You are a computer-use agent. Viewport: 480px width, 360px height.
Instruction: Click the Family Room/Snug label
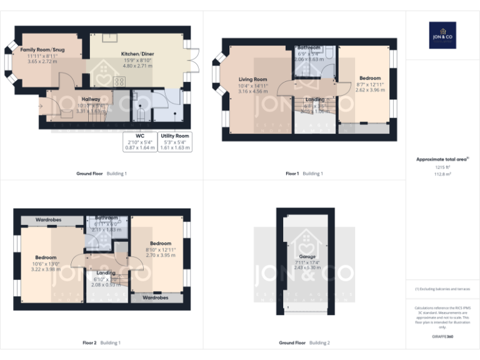pyautogui.click(x=42, y=49)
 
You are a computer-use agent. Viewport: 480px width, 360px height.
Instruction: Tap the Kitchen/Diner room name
pyautogui.click(x=137, y=54)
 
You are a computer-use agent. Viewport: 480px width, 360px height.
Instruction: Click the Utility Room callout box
pyautogui.click(x=175, y=141)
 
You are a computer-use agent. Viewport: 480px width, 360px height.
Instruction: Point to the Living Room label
pyautogui.click(x=252, y=79)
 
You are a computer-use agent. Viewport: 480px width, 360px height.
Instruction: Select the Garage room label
pyautogui.click(x=307, y=256)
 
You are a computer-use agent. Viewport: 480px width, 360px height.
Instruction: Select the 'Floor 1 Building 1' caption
pyautogui.click(x=304, y=173)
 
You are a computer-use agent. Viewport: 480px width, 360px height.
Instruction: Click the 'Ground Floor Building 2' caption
pyautogui.click(x=304, y=342)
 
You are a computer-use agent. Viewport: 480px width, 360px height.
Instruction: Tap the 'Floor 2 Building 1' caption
pyautogui.click(x=101, y=342)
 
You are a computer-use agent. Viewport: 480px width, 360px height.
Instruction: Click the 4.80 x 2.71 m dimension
pyautogui.click(x=137, y=66)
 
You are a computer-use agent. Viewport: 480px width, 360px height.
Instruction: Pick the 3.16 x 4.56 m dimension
pyautogui.click(x=252, y=92)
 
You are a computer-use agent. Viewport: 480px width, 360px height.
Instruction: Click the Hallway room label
pyautogui.click(x=91, y=99)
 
